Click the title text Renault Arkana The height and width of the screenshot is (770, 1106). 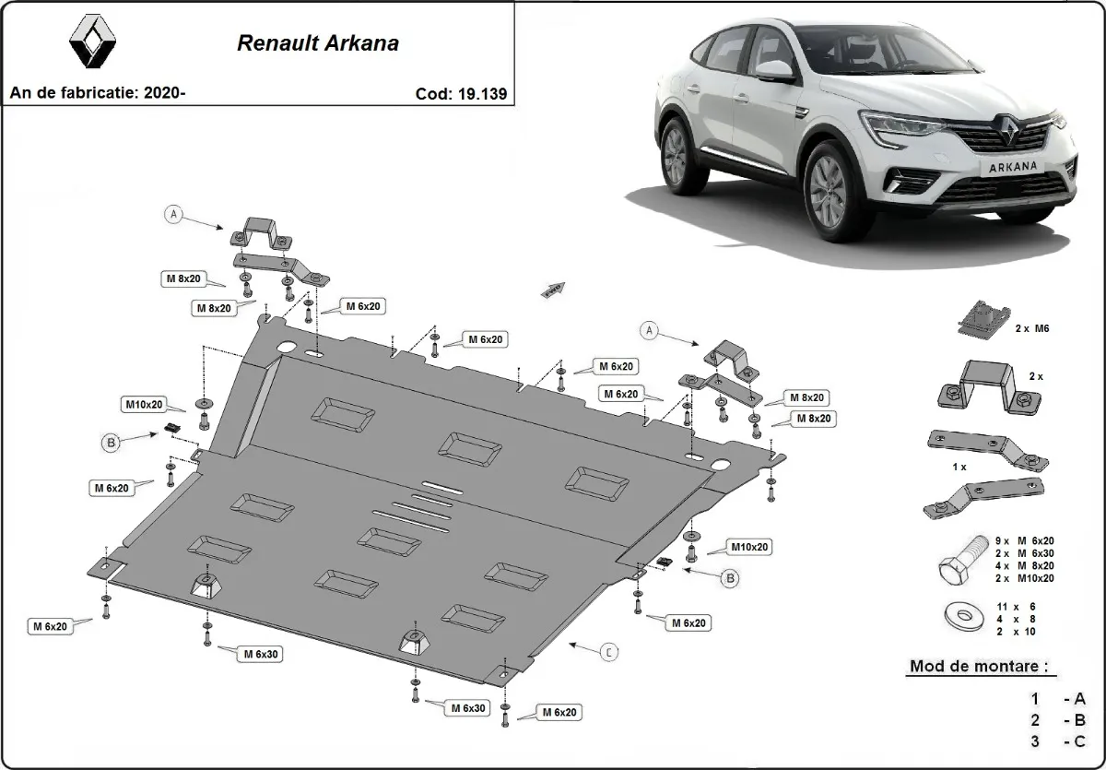(318, 43)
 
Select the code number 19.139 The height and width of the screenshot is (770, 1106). (478, 93)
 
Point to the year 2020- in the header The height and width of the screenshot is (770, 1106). (165, 93)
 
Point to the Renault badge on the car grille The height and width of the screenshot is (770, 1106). (1007, 138)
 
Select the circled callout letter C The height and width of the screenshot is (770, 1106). (609, 653)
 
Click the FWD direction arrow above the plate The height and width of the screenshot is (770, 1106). (553, 290)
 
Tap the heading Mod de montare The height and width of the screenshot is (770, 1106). (978, 666)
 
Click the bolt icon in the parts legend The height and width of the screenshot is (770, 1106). (959, 561)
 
